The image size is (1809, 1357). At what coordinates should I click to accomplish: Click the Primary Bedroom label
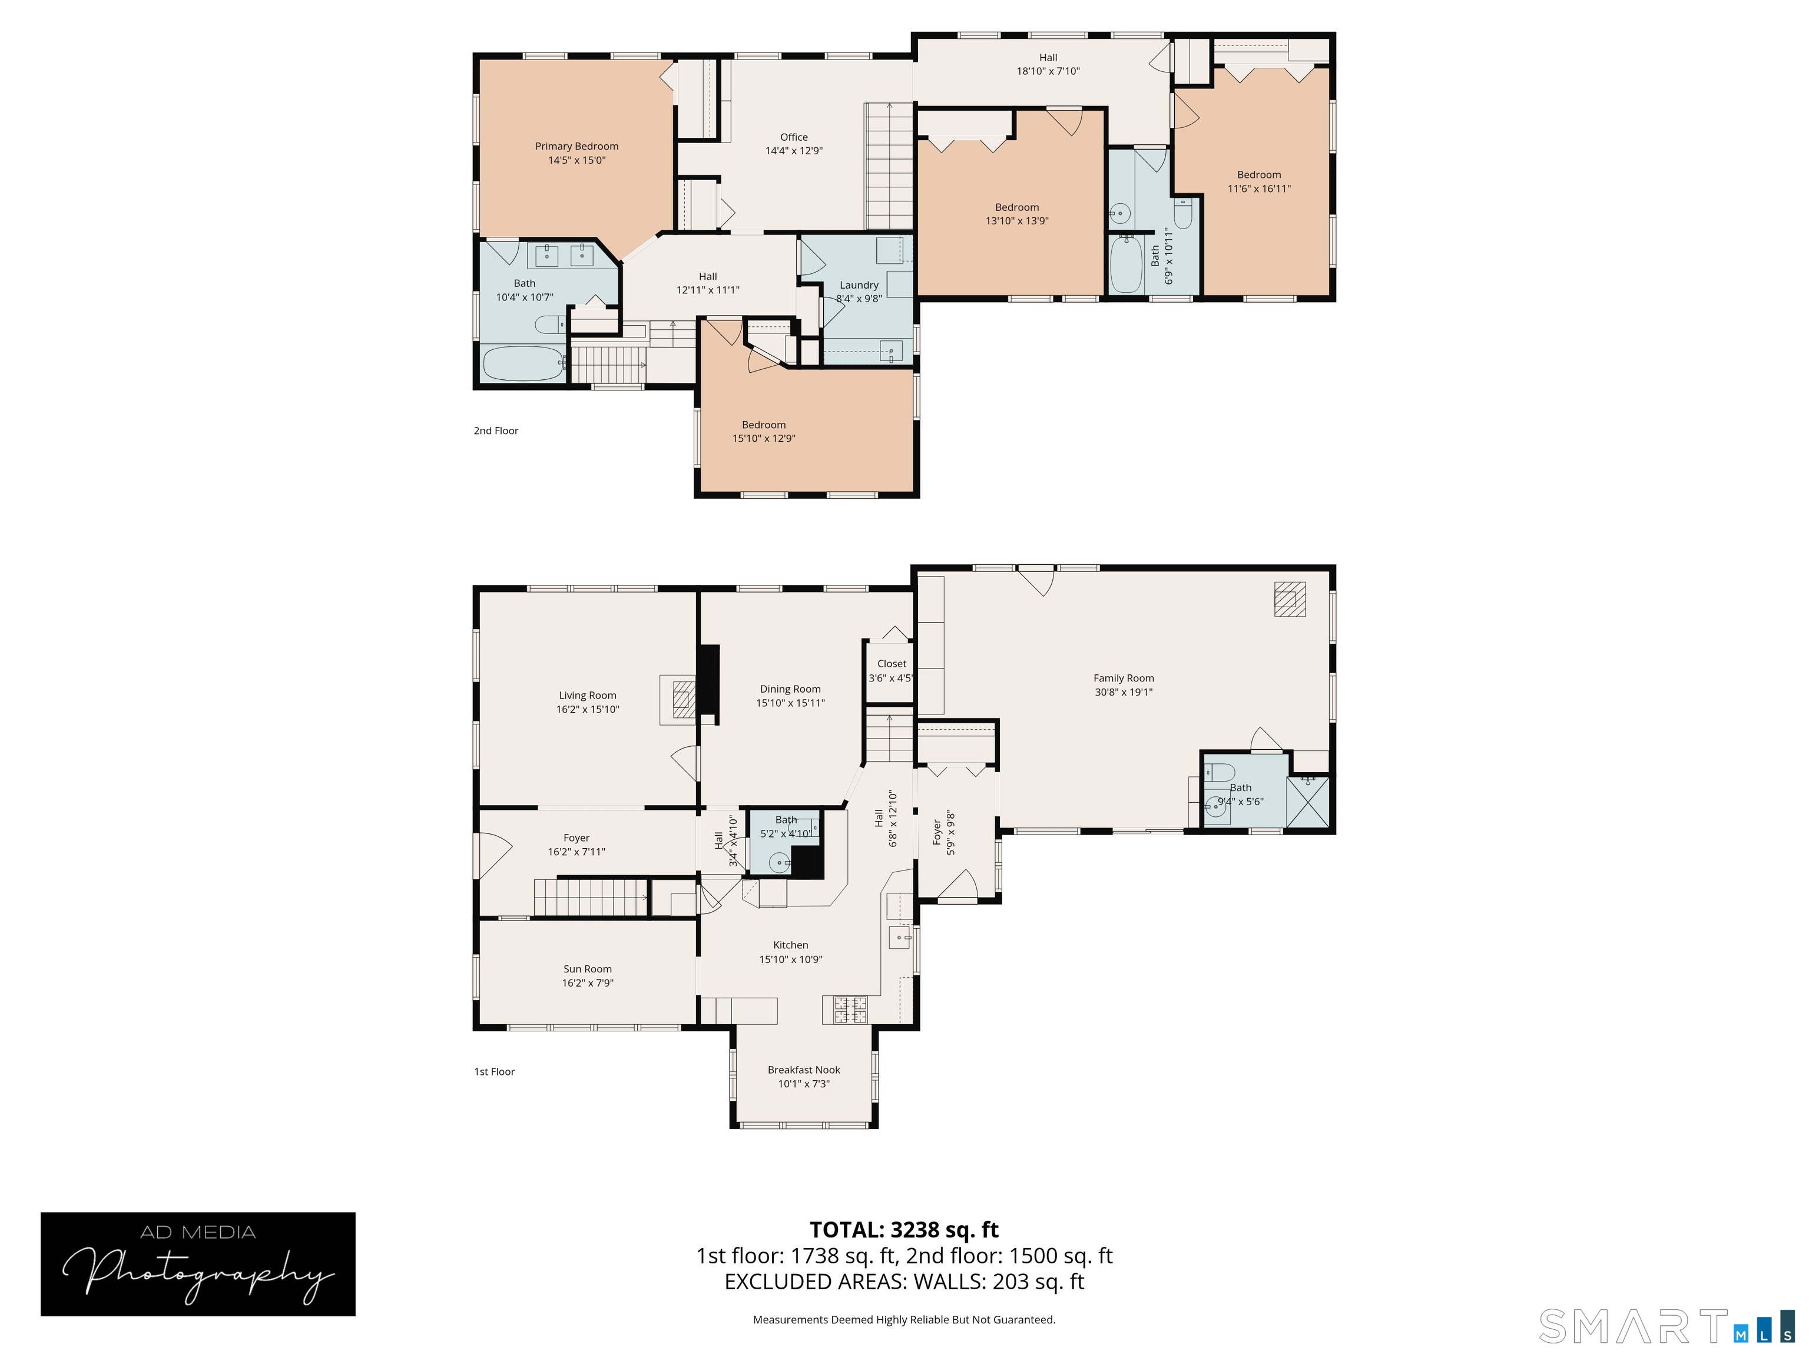577,147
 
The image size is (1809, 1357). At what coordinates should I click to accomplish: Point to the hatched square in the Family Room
1290,599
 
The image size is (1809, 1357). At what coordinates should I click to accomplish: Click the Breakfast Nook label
804,1070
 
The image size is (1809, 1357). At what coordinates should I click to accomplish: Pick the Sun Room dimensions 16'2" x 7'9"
587,983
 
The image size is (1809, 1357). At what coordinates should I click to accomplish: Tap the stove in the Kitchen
850,1010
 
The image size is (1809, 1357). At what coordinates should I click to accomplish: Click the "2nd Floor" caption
496,431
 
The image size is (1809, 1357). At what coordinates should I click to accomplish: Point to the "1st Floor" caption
495,1071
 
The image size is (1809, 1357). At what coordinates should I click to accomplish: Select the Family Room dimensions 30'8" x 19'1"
1124,692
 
